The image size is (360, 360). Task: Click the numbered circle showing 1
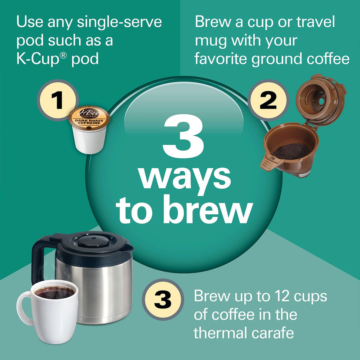[58, 100]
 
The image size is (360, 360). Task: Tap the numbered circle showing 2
[268, 100]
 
